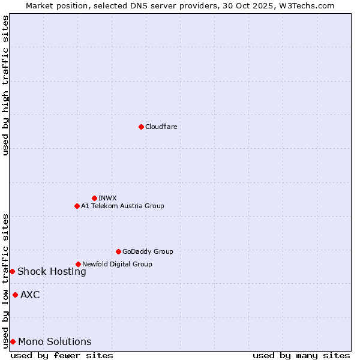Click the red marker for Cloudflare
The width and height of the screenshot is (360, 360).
click(x=141, y=127)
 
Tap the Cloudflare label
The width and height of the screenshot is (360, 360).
click(x=161, y=127)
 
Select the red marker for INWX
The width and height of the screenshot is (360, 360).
click(x=94, y=198)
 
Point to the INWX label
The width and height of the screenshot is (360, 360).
click(x=107, y=198)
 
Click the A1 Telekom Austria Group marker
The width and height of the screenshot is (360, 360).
click(x=77, y=206)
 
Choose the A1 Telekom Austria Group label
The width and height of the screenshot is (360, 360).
click(x=122, y=206)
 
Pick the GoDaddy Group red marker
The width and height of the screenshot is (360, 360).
click(x=118, y=251)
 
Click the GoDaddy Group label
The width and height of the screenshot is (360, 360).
click(x=148, y=251)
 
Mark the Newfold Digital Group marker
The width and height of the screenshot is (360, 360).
click(x=78, y=264)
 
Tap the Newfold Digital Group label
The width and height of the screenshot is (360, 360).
click(x=117, y=264)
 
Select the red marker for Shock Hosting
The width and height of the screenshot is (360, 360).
click(x=12, y=271)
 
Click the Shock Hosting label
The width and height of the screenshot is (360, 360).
click(x=52, y=271)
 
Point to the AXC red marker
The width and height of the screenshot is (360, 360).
click(x=15, y=295)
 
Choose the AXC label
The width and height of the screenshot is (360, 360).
click(x=30, y=295)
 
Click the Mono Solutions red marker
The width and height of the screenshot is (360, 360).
click(x=13, y=341)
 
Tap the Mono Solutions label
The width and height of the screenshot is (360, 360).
click(x=55, y=341)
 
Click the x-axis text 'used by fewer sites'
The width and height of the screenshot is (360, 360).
click(x=62, y=355)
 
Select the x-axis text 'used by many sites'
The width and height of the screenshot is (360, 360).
click(x=301, y=355)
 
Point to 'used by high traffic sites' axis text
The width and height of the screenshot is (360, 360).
click(x=5, y=85)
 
